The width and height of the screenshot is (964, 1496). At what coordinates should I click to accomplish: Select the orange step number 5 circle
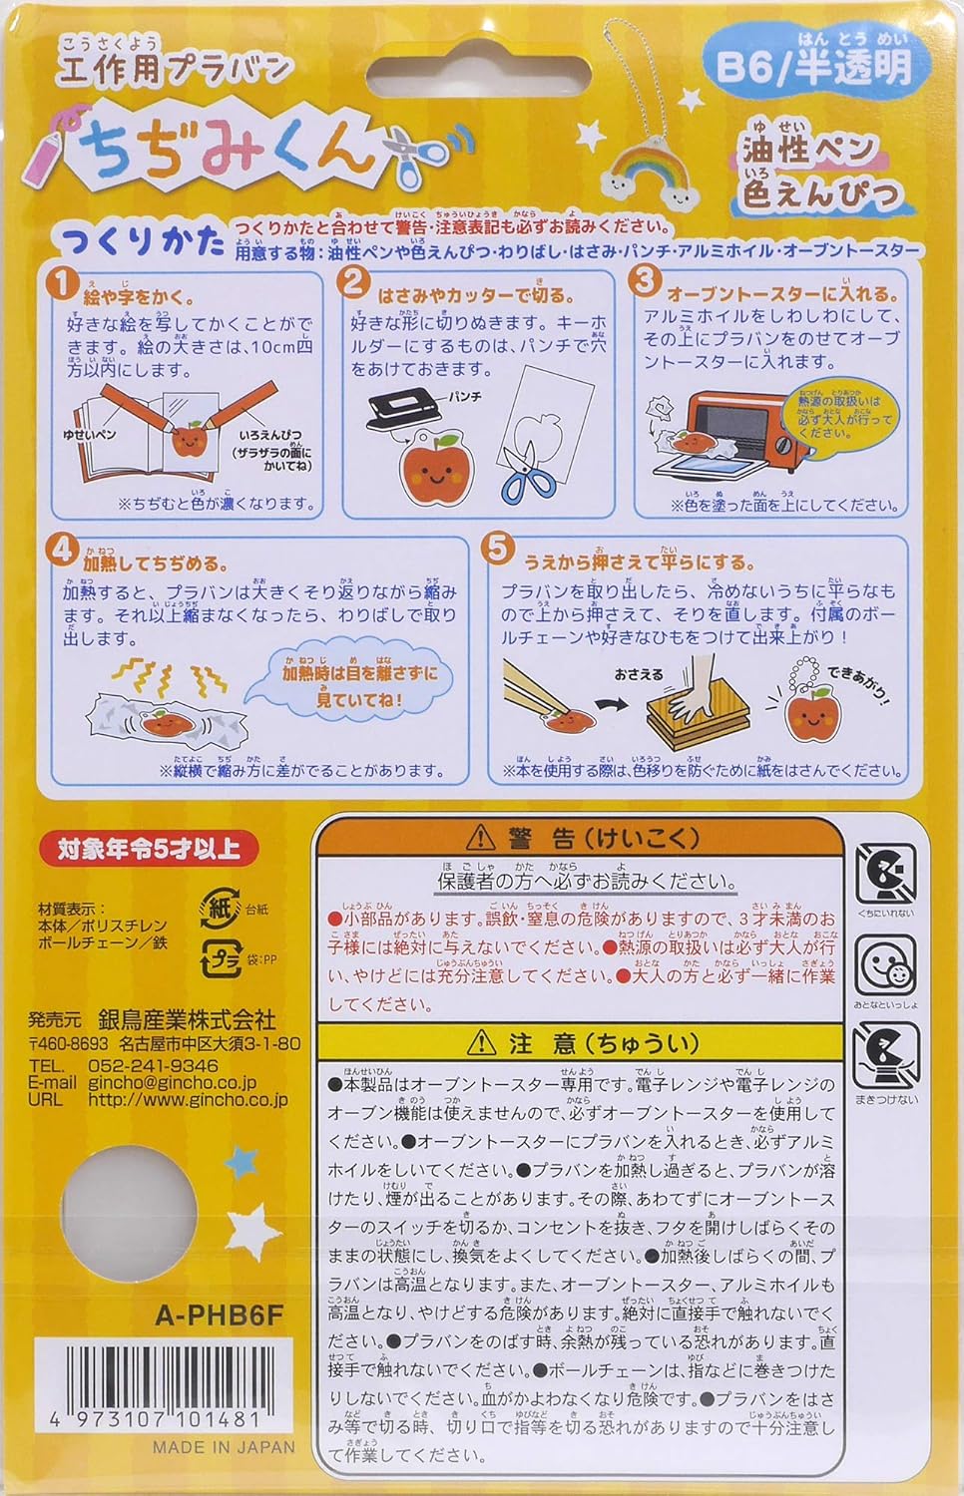[x=496, y=550]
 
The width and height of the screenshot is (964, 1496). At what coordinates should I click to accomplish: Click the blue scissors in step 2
[x=531, y=468]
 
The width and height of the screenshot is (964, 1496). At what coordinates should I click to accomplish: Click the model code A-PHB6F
[x=220, y=1314]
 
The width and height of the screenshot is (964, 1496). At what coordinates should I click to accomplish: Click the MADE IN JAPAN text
[x=224, y=1446]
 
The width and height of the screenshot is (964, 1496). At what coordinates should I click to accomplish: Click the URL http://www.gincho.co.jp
[x=188, y=1099]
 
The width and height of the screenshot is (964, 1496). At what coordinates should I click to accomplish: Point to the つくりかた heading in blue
[x=142, y=242]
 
